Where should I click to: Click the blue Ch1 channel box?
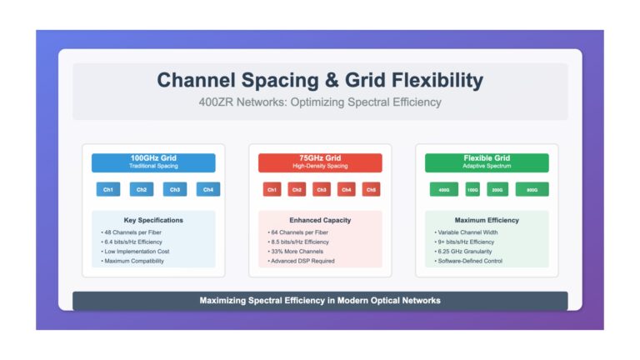108,189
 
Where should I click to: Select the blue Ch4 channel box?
208,189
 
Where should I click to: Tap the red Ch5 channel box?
371,189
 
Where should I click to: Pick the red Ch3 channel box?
322,189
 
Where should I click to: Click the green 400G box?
444,189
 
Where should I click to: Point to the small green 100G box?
472,189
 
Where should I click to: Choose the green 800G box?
532,189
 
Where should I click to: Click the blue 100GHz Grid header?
153,162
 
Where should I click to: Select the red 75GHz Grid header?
320,162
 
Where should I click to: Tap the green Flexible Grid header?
487,162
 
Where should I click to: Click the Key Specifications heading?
153,220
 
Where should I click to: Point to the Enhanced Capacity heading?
320,220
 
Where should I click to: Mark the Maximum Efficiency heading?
487,220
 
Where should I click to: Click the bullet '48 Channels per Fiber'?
132,232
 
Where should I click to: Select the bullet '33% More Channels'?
296,252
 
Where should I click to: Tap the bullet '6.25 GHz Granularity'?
463,252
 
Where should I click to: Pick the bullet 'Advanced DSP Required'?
301,261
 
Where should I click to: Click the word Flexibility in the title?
437,80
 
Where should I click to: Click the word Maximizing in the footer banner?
222,301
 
